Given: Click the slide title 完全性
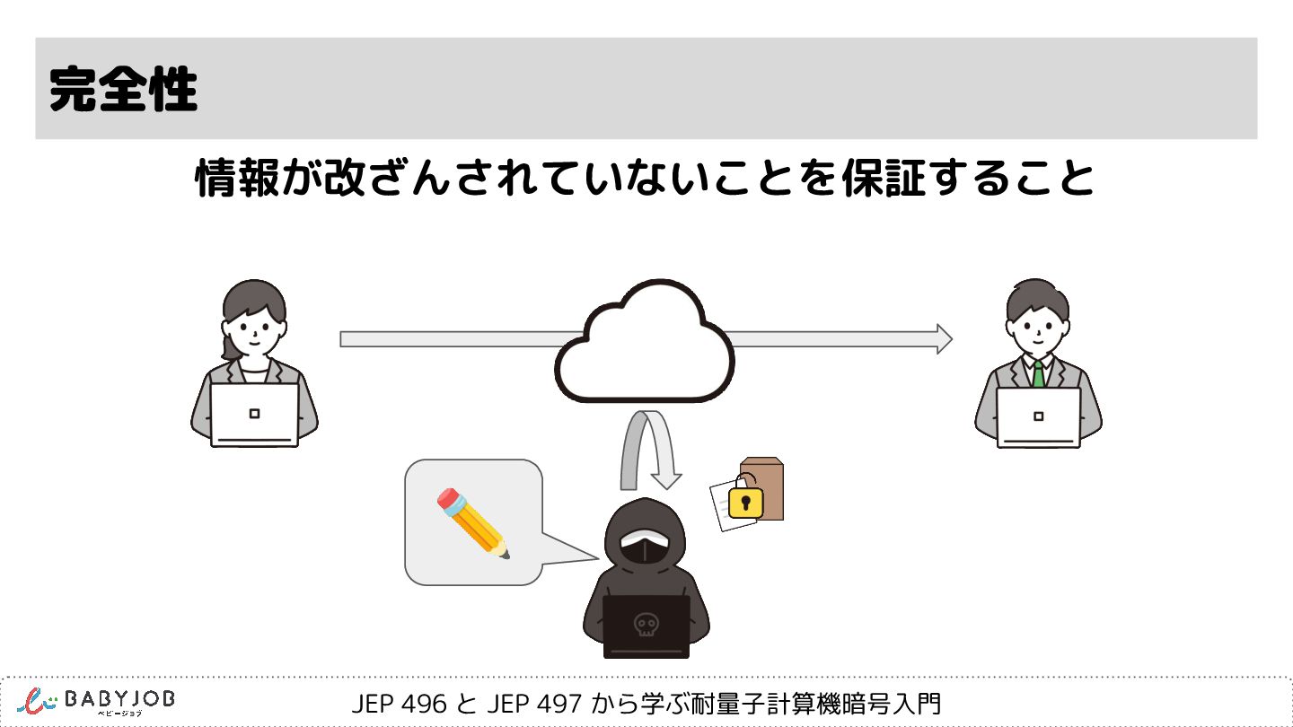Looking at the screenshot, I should (123, 88).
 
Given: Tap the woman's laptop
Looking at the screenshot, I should (254, 414).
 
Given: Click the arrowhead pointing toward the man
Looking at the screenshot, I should (943, 338).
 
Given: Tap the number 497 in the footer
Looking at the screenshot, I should (559, 704).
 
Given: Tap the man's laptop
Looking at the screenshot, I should (1038, 416).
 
